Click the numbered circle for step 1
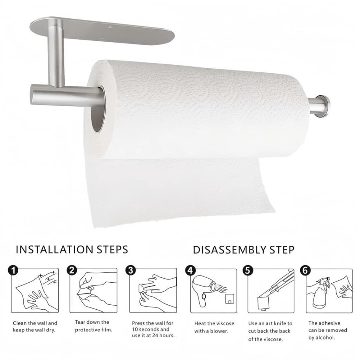pos(13,270)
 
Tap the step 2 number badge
pos(72,270)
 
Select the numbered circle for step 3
pos(130,270)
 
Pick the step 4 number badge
pos(190,270)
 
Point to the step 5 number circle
pos(248,270)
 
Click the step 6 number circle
pos(305,270)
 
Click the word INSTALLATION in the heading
pos(54,250)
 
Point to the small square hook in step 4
pos(229,298)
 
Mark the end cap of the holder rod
pos(326,105)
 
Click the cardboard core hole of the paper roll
pos(98,109)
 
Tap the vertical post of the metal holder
pos(56,53)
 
